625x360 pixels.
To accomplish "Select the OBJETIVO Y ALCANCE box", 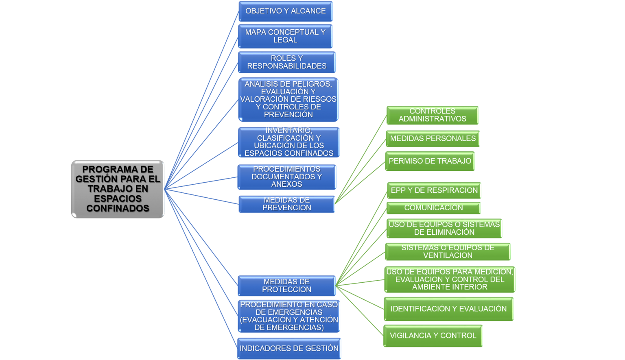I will (285, 11).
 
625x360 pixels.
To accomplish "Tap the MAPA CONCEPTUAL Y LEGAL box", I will (285, 36).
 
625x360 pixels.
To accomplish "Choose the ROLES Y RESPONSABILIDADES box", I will (287, 62).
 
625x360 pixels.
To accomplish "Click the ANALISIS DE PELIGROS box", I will (288, 99).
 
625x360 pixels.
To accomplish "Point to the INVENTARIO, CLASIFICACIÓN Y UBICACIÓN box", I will (289, 142).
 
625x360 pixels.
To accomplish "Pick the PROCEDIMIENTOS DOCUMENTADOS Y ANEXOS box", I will (286, 177).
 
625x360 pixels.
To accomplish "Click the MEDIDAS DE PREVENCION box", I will (286, 204).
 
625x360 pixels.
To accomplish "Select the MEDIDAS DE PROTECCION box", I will (286, 286).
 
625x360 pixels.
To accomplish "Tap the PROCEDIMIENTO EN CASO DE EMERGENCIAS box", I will (289, 316).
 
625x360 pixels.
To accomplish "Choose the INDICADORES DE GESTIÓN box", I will (289, 349).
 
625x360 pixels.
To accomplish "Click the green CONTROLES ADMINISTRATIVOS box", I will (432, 115).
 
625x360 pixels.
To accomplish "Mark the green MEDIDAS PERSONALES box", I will (433, 139).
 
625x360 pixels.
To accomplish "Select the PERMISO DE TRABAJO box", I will (430, 161).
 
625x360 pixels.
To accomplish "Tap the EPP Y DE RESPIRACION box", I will (434, 190).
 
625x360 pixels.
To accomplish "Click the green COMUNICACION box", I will (433, 208).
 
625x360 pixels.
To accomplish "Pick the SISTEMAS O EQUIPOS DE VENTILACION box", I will (448, 251).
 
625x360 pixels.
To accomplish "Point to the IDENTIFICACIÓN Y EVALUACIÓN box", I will (448, 309).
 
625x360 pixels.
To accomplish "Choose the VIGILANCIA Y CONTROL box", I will (433, 336).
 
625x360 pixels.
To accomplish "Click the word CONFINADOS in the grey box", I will (118, 209).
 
